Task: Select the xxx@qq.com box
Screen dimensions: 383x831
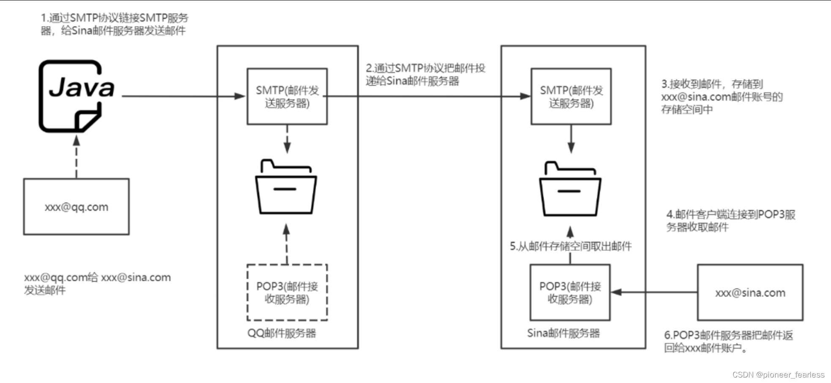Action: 77,206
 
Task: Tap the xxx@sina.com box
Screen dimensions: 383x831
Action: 750,292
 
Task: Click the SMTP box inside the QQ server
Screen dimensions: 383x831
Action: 287,96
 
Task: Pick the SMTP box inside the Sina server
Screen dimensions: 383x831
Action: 571,96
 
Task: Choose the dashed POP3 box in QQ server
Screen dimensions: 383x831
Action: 287,292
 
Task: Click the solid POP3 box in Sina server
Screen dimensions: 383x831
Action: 570,292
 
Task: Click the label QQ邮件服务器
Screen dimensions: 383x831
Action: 282,333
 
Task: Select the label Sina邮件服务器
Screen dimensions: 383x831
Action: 563,333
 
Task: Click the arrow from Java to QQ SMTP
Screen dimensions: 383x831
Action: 182,96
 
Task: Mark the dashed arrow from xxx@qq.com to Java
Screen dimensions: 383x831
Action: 77,156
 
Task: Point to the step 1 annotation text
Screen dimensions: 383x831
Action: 114,24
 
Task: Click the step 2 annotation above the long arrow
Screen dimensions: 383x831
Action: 425,74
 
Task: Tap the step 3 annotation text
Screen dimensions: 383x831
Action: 722,97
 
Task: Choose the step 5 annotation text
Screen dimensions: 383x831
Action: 571,246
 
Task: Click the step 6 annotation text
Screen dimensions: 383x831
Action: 728,341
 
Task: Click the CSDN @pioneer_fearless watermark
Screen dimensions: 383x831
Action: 778,375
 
